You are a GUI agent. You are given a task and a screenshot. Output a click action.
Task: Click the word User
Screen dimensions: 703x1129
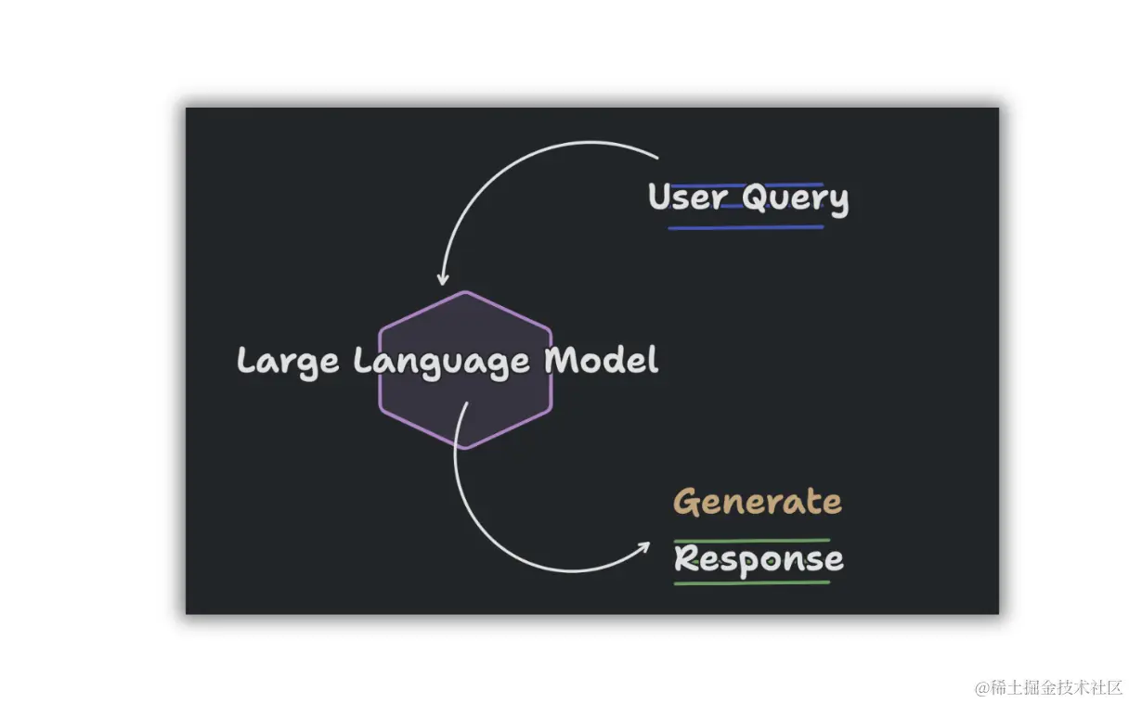(687, 198)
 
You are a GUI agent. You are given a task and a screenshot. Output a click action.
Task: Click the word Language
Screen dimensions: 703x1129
(442, 361)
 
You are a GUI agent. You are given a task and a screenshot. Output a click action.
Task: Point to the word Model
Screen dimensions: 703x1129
(602, 360)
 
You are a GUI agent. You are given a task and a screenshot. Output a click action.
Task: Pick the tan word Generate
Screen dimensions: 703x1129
(758, 502)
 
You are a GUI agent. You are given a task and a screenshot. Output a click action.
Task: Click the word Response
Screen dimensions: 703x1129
(759, 559)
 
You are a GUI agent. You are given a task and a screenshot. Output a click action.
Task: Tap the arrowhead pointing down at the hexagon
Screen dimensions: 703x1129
(443, 278)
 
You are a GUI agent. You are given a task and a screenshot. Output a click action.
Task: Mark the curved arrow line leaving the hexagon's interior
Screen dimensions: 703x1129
(483, 529)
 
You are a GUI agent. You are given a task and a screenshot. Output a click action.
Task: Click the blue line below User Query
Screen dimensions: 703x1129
(746, 227)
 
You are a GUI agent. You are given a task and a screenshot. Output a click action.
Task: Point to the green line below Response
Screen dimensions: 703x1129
(752, 582)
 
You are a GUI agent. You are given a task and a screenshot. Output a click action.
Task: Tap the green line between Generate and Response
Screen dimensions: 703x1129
(752, 540)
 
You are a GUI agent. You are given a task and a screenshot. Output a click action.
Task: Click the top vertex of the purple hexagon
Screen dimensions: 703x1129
(465, 292)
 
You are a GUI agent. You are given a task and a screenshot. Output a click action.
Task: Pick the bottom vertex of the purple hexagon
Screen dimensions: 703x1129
(465, 448)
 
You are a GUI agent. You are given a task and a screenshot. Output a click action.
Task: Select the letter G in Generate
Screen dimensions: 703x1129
(687, 502)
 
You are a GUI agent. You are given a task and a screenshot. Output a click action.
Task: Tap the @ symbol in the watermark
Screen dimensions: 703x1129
(980, 688)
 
